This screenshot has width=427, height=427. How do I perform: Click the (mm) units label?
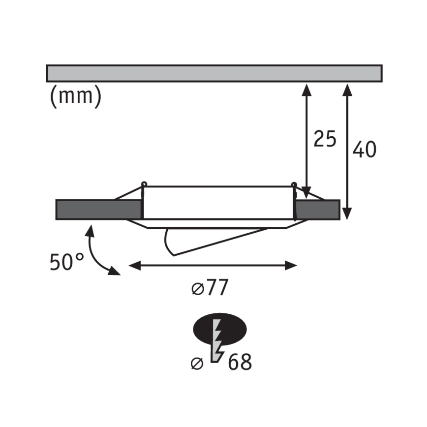click(x=75, y=96)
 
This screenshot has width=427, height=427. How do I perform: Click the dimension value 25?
click(x=325, y=139)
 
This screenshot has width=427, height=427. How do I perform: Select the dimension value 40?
click(x=365, y=150)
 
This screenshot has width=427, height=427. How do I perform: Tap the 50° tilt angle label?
click(x=67, y=261)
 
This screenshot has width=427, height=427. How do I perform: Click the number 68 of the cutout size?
click(x=240, y=362)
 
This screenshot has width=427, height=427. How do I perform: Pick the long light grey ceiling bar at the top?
click(x=214, y=73)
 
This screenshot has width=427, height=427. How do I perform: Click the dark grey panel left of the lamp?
click(x=98, y=209)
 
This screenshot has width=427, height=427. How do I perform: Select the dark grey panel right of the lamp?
click(x=318, y=209)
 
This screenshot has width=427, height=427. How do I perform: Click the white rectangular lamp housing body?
click(x=218, y=203)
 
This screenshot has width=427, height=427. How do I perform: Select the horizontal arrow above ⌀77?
click(x=213, y=266)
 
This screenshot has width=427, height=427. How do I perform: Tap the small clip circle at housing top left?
click(x=144, y=184)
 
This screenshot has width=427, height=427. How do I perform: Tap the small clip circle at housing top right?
click(x=294, y=185)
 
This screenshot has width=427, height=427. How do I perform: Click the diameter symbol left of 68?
click(x=197, y=364)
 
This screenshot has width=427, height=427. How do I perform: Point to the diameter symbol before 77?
click(x=197, y=290)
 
